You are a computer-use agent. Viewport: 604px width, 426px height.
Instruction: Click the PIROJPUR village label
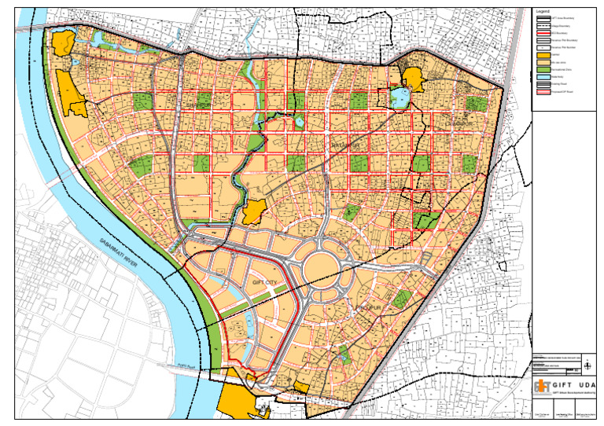coord(367,307)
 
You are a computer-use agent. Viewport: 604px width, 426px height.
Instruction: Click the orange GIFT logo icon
coord(542,386)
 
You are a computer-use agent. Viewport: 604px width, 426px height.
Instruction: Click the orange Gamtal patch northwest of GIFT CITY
coord(254,211)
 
